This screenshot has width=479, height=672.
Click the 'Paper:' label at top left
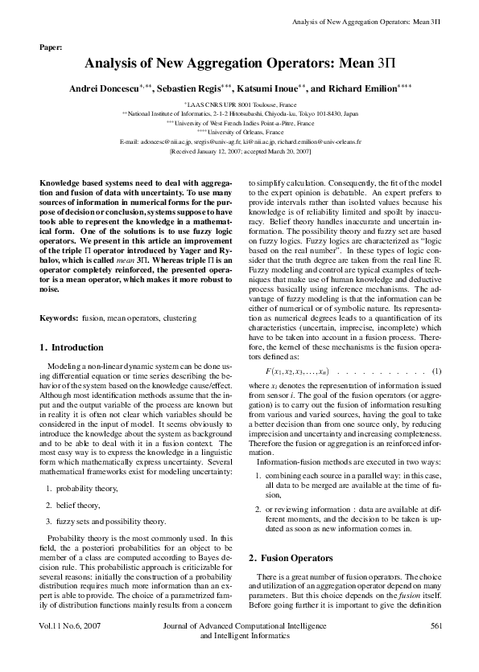pos(51,47)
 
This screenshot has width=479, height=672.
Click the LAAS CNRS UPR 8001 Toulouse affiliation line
pos(239,104)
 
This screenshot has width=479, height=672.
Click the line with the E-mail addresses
pos(239,141)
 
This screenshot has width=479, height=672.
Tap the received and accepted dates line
pos(239,150)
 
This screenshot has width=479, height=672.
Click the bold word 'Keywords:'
pos(59,319)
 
